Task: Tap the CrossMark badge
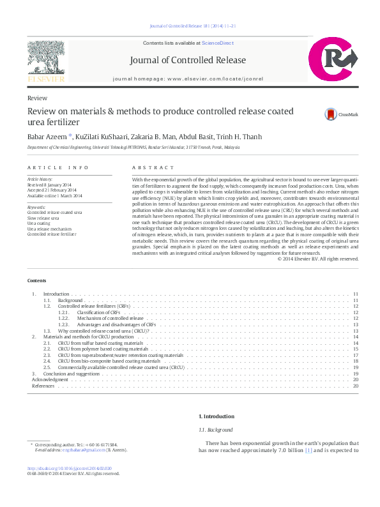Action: [x=332, y=114]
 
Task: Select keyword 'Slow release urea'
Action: [x=44, y=218]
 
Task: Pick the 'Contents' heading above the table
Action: [x=36, y=280]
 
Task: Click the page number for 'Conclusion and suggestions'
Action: [x=356, y=374]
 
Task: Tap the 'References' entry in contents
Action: [x=43, y=386]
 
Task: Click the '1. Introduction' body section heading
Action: [x=217, y=416]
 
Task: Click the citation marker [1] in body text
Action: [x=308, y=450]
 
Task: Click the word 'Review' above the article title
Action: [x=36, y=98]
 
